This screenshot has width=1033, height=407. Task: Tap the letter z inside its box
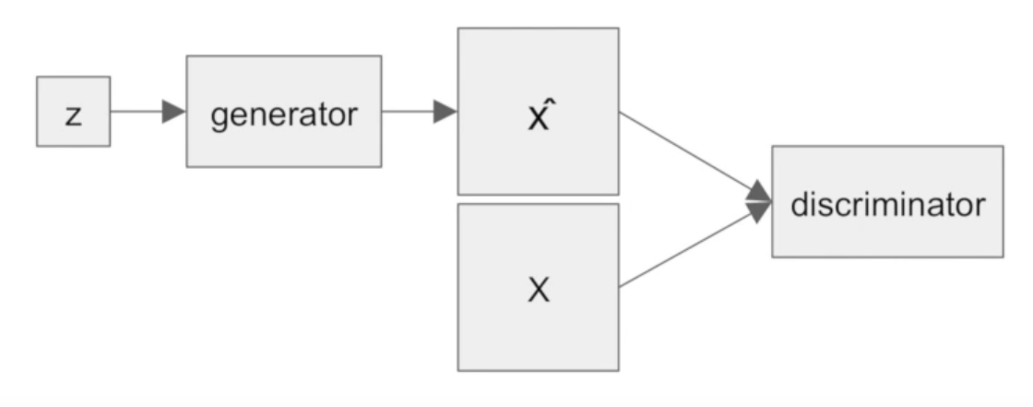(74, 114)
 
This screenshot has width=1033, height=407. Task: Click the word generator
(284, 114)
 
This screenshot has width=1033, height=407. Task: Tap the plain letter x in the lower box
(539, 290)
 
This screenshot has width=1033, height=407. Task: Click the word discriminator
(887, 204)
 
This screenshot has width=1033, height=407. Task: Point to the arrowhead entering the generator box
(174, 112)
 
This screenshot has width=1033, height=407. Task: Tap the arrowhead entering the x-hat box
(445, 112)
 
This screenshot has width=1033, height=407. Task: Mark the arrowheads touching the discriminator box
(759, 201)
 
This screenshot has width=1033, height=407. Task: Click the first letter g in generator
(220, 117)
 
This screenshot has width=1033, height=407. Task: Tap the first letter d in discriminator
(799, 204)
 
